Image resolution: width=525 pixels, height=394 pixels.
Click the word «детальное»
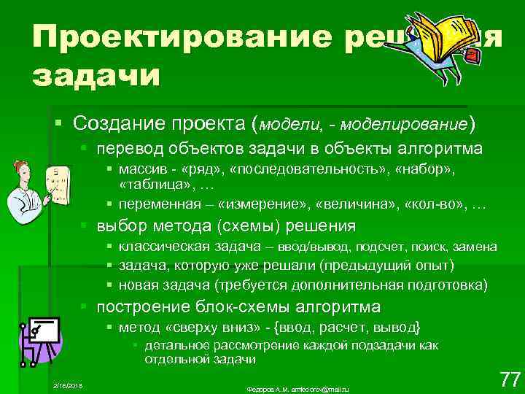(x=173, y=345)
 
